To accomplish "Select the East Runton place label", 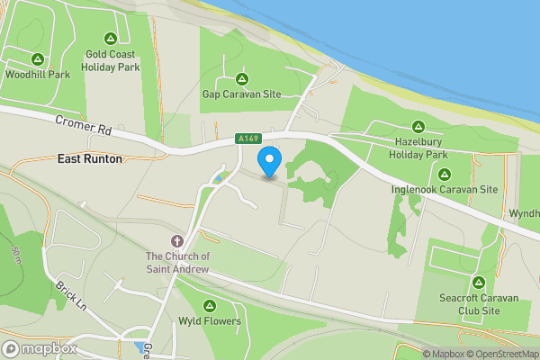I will pyautogui.click(x=90, y=158).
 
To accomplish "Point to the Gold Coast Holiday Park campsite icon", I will pyautogui.click(x=111, y=39).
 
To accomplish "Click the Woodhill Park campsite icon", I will pyautogui.click(x=37, y=59).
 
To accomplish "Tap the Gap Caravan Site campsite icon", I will pyautogui.click(x=241, y=78).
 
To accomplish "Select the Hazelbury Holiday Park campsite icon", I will pyautogui.click(x=418, y=127).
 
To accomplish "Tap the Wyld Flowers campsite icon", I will pyautogui.click(x=210, y=305).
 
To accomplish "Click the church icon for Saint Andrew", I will pyautogui.click(x=177, y=241).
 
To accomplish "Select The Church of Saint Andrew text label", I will pyautogui.click(x=177, y=261).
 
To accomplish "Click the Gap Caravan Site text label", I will pyautogui.click(x=241, y=94).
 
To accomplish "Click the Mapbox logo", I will pyautogui.click(x=38, y=349).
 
